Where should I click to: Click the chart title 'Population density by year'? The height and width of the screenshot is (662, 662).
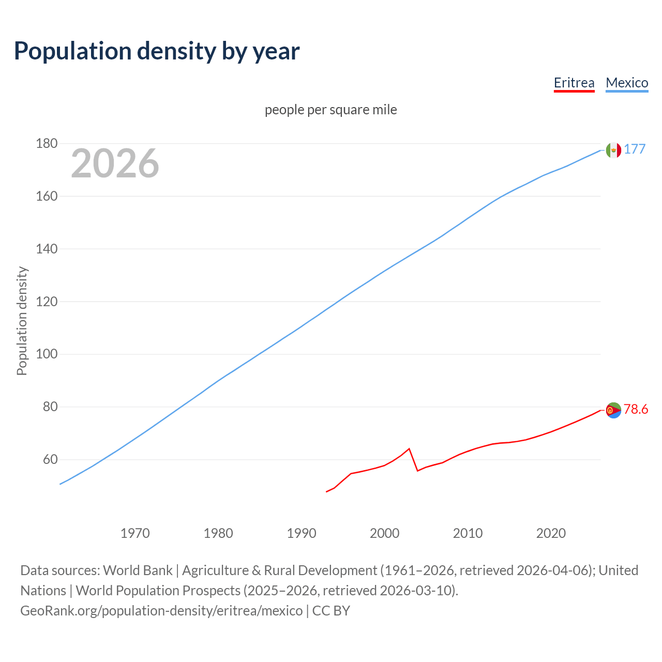(x=157, y=51)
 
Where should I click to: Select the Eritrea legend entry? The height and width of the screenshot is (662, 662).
(x=574, y=83)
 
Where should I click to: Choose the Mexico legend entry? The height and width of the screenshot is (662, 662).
(x=627, y=83)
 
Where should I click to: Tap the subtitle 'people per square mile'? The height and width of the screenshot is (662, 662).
(x=331, y=110)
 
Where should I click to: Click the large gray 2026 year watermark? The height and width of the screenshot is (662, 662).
(x=115, y=163)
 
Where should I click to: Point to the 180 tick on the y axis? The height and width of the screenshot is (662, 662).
(x=47, y=143)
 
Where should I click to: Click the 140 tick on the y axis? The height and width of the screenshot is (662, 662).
(x=47, y=249)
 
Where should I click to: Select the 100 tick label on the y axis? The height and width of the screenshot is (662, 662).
(x=47, y=354)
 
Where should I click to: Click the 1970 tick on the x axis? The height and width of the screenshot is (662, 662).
(x=135, y=533)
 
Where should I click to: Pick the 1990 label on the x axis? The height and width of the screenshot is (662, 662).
(x=302, y=533)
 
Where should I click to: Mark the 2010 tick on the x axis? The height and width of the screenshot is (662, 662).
(x=468, y=533)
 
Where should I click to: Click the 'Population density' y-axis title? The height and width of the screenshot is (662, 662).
(x=22, y=321)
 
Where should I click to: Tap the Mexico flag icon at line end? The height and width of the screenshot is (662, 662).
(x=613, y=150)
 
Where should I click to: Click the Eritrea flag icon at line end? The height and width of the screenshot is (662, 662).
(x=613, y=410)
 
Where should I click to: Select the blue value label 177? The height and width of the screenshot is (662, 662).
(x=635, y=149)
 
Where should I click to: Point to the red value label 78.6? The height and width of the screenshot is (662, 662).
(x=636, y=409)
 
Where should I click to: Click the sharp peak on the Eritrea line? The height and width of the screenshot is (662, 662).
(x=409, y=448)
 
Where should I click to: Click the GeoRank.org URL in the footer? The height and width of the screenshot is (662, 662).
(x=161, y=610)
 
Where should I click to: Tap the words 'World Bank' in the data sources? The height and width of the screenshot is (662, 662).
(x=138, y=570)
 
